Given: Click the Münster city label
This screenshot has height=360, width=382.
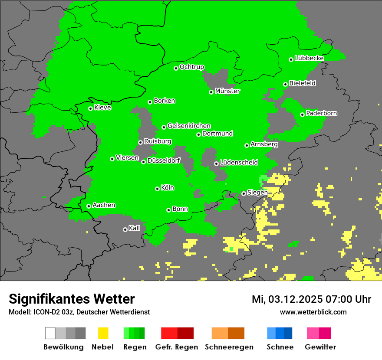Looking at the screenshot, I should click(x=227, y=91).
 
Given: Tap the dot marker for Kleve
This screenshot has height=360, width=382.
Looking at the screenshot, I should click(x=91, y=108).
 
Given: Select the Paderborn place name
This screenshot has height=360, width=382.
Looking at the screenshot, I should click(x=322, y=114).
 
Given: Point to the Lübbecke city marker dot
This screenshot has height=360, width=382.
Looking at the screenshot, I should click(x=291, y=59).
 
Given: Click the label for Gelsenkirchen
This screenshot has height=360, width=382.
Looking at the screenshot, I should click(x=189, y=126).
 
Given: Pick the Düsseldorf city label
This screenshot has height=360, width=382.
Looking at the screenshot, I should click(x=164, y=160).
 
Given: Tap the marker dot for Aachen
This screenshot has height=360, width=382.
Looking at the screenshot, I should click(x=89, y=206).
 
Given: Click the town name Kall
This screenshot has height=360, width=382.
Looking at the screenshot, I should click(x=135, y=228).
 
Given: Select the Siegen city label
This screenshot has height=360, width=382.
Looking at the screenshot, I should click(x=257, y=193).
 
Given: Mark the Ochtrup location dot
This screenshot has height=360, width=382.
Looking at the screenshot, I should click(x=176, y=68).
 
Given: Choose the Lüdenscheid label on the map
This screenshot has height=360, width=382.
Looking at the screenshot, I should click(x=239, y=163).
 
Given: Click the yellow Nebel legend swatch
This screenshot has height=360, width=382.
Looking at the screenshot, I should click(x=103, y=333).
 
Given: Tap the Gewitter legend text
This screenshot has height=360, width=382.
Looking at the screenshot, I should click(x=320, y=347).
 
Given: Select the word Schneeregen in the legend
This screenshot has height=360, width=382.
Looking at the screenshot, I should click(x=228, y=347).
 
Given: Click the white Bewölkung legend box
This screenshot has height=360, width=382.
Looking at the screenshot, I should click(x=50, y=333).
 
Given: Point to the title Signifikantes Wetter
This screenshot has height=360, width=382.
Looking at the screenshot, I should click(x=72, y=299).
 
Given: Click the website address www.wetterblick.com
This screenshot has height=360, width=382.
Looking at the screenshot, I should click(x=313, y=312).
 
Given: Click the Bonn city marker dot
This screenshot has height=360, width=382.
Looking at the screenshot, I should click(x=169, y=210).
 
